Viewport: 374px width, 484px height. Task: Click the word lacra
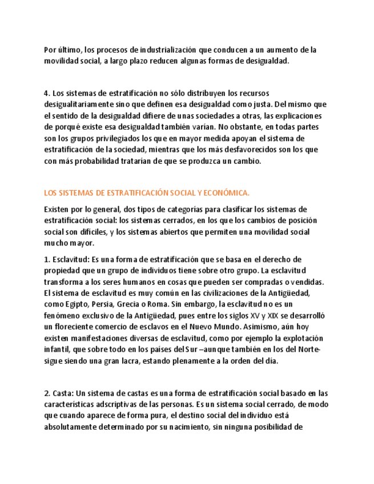(136, 361)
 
